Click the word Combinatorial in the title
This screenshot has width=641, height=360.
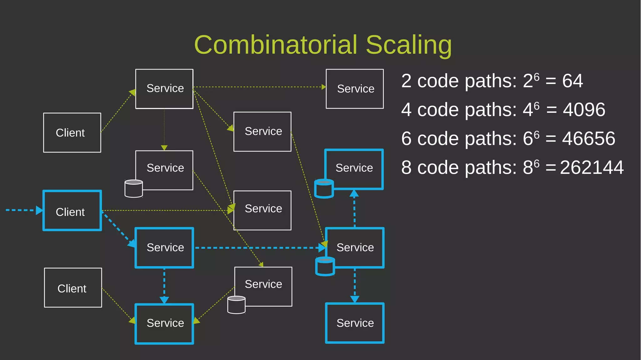click(275, 45)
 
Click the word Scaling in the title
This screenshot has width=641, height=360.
click(408, 45)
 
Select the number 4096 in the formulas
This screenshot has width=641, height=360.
click(584, 110)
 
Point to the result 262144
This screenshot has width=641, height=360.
click(592, 167)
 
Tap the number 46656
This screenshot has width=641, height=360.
click(588, 138)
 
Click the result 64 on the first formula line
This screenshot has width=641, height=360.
click(572, 81)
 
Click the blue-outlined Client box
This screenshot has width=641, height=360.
click(72, 210)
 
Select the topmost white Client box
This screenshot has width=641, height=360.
click(72, 133)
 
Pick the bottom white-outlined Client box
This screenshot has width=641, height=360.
click(73, 288)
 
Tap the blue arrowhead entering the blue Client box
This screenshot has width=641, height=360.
click(39, 210)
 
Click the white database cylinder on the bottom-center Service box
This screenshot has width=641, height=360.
click(236, 305)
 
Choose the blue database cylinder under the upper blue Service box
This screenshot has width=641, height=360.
click(324, 188)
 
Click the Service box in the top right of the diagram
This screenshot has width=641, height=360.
click(355, 89)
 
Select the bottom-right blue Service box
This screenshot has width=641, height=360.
click(355, 323)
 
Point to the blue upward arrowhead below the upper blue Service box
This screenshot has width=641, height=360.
click(354, 193)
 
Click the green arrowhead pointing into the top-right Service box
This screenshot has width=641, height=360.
click(324, 87)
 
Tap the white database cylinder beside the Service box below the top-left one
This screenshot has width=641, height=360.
click(134, 188)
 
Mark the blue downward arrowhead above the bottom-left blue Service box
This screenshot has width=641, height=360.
click(164, 300)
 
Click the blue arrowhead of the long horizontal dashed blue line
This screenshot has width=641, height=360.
click(322, 248)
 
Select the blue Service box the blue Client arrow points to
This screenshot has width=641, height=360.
click(164, 248)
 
